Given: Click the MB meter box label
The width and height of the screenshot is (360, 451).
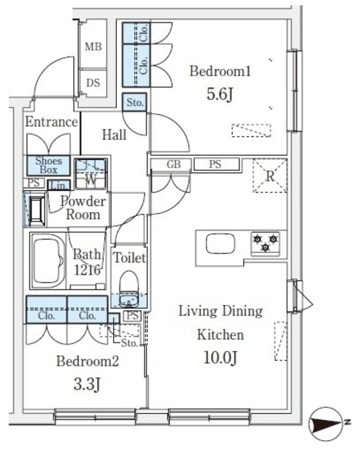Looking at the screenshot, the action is pos(93,47).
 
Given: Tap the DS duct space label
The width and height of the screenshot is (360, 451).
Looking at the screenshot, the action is pos(93,83).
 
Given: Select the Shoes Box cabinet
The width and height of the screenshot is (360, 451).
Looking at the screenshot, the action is pos(49,166).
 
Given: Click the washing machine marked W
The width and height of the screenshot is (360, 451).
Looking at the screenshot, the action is pos(91,174).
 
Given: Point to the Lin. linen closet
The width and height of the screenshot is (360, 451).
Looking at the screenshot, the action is pos(58,185).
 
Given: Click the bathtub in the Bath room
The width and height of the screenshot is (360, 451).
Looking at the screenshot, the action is pos(48,261).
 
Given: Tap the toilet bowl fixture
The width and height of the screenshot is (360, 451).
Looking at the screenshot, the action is pos(129,288).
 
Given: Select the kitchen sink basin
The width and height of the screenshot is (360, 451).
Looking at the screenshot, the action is pos(221,243).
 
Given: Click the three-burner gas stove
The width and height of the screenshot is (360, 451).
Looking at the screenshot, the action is pos(265,243).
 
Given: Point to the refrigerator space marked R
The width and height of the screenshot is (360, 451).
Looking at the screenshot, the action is pos(270,175).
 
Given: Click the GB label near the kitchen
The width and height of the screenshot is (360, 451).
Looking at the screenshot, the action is pos(174,164).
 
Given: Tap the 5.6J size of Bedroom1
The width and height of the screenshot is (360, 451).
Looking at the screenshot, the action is pos(219,94).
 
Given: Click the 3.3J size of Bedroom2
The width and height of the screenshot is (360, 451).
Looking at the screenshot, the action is pos(87,384).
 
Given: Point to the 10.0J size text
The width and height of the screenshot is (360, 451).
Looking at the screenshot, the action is pos(221,359).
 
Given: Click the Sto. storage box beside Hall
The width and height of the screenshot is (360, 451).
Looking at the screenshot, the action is pos(135,102).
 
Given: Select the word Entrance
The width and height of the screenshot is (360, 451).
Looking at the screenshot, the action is pos(51,122).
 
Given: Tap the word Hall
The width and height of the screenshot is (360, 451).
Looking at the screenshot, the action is pos(114,135).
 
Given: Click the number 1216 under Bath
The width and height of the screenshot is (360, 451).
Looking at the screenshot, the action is pos(87,270).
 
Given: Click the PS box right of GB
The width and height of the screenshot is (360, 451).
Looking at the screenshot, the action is pos(216,164).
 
